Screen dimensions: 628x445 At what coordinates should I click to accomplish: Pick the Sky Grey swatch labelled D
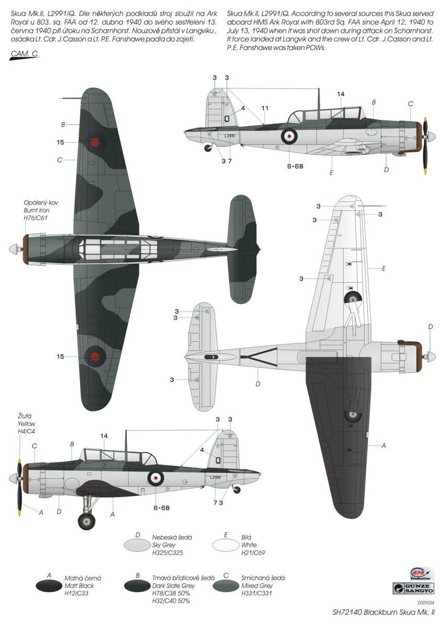(x=138, y=544)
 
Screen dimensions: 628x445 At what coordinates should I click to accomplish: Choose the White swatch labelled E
(x=226, y=544)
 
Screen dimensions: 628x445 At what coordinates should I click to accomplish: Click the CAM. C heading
(x=24, y=53)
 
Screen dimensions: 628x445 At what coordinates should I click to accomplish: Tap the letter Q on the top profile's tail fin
(x=226, y=118)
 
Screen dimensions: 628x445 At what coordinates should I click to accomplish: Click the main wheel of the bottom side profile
(x=86, y=521)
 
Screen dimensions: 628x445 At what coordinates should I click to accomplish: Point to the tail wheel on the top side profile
(x=208, y=148)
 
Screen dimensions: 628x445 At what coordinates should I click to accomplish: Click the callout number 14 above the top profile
(x=341, y=94)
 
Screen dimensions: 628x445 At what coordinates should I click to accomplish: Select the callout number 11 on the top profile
(x=265, y=108)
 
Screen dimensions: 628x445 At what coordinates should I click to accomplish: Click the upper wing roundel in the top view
(x=95, y=142)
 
